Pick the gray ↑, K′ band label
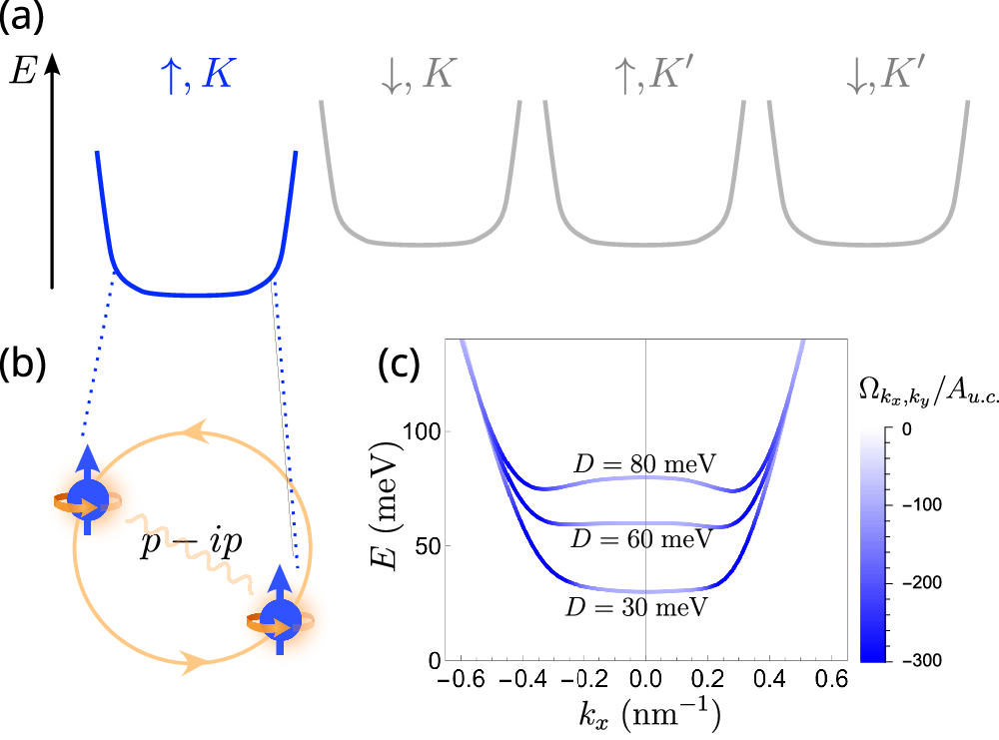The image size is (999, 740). (647, 73)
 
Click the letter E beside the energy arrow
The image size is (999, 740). (22, 73)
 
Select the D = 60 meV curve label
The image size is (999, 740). (642, 539)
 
